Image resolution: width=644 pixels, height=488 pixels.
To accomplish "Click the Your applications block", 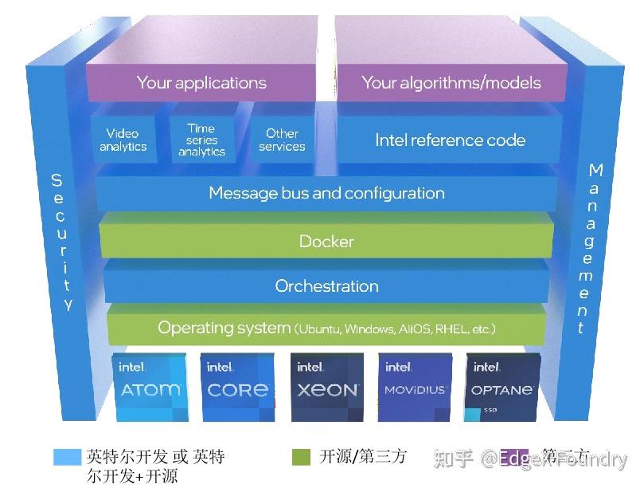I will click(201, 83).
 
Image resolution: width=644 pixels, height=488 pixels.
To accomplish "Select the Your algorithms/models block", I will click(451, 83).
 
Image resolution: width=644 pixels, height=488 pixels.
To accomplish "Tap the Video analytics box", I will click(123, 140).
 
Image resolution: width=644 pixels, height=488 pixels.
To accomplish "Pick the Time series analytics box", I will click(201, 140).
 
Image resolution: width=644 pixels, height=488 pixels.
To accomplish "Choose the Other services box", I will click(282, 140).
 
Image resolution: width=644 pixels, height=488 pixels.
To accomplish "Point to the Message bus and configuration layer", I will click(326, 194).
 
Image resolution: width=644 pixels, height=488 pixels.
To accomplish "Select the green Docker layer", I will click(326, 242).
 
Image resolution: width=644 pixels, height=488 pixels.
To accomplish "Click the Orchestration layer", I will click(326, 286).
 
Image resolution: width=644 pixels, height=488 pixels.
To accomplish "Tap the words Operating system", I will click(224, 328).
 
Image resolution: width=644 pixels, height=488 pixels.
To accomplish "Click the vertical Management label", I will click(591, 248).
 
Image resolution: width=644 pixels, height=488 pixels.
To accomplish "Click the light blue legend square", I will click(67, 457).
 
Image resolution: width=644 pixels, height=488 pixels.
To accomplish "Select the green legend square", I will click(301, 457).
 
